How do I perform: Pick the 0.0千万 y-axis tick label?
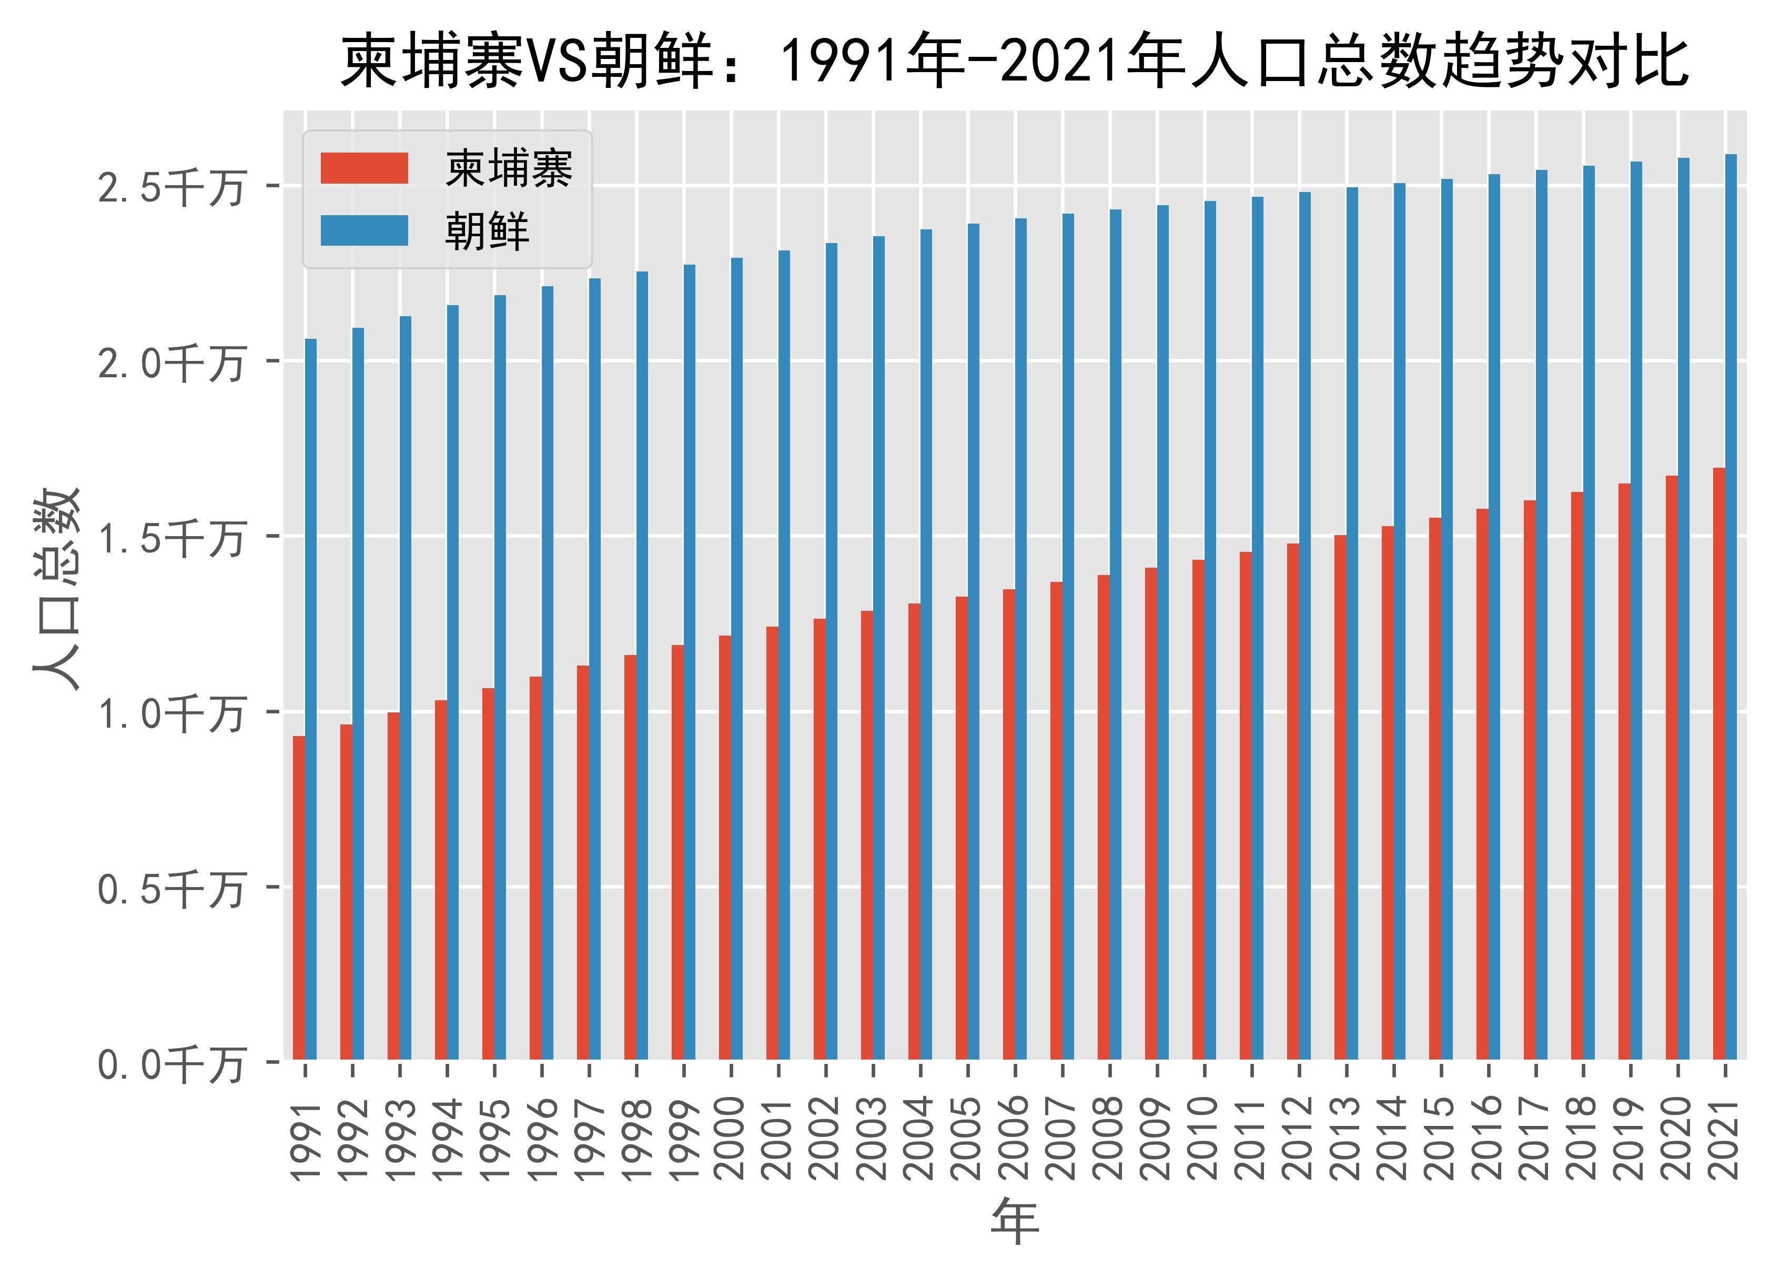pos(170,1065)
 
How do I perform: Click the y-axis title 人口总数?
pos(56,589)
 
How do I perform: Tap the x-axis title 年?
pos(1014,1222)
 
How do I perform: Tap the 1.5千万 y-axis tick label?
pos(170,539)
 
